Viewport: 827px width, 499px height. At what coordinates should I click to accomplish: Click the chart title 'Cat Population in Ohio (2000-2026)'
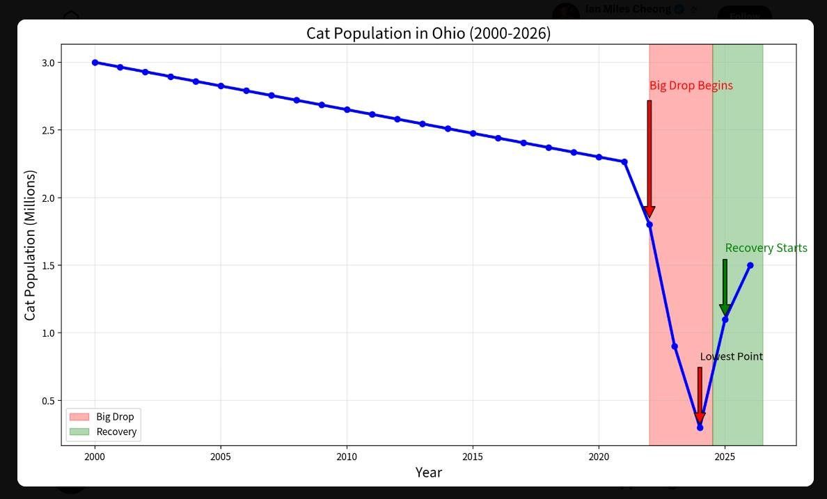428,33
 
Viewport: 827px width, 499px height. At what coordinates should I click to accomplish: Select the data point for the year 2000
95,62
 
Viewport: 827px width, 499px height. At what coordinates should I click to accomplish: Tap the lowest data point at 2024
700,427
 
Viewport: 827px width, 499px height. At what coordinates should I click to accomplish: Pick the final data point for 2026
750,265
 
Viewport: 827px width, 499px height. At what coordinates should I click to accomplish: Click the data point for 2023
675,346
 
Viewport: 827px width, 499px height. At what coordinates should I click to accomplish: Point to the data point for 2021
624,162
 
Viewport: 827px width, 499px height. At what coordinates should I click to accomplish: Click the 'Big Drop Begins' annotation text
691,86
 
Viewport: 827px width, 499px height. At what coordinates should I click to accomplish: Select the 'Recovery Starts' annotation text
766,248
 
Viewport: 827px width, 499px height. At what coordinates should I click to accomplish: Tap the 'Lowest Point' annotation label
731,356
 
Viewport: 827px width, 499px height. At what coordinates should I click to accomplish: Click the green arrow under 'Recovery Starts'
725,287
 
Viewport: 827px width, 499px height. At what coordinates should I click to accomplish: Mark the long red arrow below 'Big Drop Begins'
649,159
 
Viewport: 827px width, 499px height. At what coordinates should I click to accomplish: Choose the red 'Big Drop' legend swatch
79,417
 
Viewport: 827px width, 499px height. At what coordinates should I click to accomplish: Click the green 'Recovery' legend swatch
79,431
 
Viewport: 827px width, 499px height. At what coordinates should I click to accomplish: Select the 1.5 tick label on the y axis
49,265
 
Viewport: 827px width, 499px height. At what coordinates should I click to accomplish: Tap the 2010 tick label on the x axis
347,457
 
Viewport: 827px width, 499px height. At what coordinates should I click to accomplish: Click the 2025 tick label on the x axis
725,457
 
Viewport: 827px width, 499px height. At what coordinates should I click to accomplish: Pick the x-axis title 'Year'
428,472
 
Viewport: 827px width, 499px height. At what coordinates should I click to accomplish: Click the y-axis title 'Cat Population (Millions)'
30,245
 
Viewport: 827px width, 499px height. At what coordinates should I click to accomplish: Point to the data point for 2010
347,110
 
